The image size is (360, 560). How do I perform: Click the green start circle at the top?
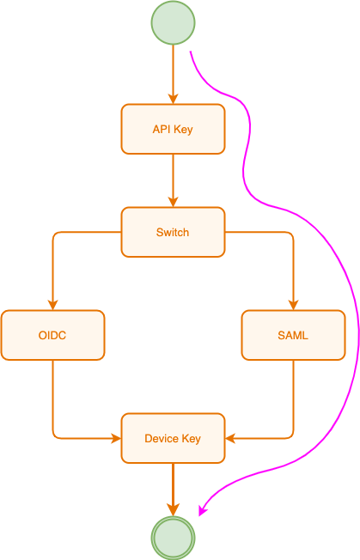pyautogui.click(x=173, y=22)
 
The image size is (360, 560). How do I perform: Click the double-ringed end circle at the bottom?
pyautogui.click(x=173, y=538)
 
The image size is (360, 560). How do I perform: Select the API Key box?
pyautogui.click(x=173, y=129)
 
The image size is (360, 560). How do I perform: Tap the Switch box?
pyautogui.click(x=173, y=232)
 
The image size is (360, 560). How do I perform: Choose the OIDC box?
pyautogui.click(x=52, y=335)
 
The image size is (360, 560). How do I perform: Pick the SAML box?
pyautogui.click(x=293, y=335)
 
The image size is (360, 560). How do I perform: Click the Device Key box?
pyautogui.click(x=173, y=438)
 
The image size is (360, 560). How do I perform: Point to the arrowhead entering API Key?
pyautogui.click(x=173, y=99)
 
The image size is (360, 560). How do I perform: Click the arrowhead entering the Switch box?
pyautogui.click(x=173, y=202)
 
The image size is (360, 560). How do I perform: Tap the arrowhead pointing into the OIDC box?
pyautogui.click(x=52, y=305)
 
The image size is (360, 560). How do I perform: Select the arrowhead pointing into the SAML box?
pyautogui.click(x=293, y=305)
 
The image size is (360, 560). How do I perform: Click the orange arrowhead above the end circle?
pyautogui.click(x=173, y=509)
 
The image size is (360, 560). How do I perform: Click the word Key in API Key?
pyautogui.click(x=184, y=129)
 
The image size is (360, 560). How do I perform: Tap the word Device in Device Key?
pyautogui.click(x=162, y=438)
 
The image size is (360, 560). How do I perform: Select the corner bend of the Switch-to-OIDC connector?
pyautogui.click(x=53, y=233)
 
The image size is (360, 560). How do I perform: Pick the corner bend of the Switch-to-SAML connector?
pyautogui.click(x=292, y=233)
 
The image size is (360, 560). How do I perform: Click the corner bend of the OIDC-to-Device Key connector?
pyautogui.click(x=53, y=437)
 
